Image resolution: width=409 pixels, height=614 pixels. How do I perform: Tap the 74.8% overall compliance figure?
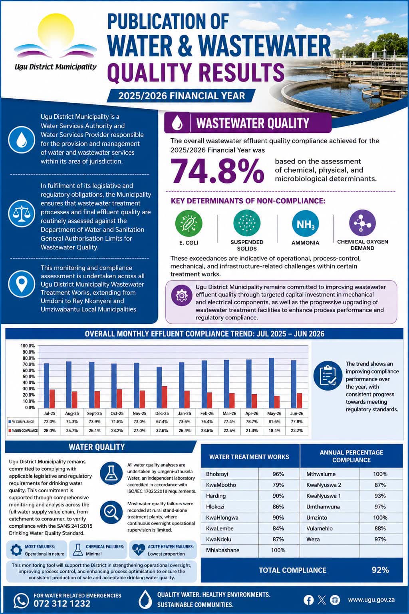point(217,171)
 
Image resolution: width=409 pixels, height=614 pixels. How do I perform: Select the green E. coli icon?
point(189,223)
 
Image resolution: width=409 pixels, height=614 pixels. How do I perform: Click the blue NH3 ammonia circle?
point(305,223)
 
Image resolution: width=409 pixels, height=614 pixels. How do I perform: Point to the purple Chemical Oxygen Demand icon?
point(362,223)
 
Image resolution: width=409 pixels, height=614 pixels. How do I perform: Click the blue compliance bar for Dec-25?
point(159,387)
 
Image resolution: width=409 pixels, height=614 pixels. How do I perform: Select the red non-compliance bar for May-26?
point(277,402)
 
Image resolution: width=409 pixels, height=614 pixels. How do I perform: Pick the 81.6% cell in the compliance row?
point(274,422)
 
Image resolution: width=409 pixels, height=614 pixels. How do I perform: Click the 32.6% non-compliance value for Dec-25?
point(162,431)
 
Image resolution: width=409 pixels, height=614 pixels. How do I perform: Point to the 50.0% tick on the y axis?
point(28,377)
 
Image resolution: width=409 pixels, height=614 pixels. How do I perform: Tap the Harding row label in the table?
point(216,496)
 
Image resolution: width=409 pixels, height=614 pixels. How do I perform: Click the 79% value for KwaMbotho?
point(278,485)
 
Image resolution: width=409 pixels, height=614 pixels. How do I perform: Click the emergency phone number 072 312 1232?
point(62,603)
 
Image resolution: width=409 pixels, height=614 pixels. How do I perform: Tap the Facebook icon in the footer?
point(308,600)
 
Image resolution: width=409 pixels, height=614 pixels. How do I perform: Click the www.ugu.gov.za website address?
point(371,600)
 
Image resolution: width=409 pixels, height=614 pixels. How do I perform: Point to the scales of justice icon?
point(22,213)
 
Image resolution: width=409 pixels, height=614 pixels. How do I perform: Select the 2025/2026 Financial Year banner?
point(181,96)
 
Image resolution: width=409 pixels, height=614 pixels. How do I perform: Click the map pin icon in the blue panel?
point(22,284)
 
